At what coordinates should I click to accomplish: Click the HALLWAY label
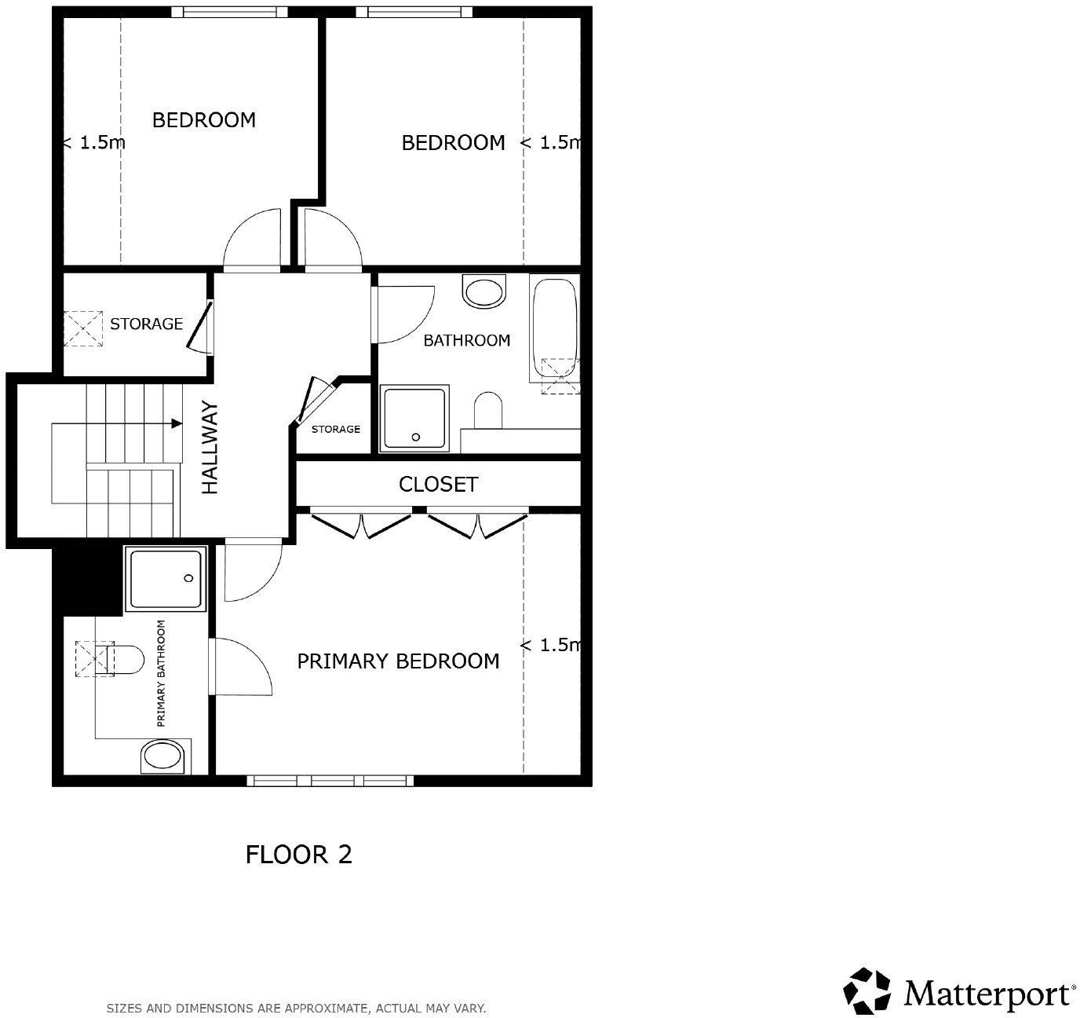pyautogui.click(x=210, y=448)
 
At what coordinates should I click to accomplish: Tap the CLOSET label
pyautogui.click(x=438, y=485)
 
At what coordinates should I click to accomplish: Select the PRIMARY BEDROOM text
pyautogui.click(x=398, y=661)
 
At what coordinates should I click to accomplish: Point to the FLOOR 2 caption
pyautogui.click(x=299, y=854)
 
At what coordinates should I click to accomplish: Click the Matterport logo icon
pyautogui.click(x=868, y=991)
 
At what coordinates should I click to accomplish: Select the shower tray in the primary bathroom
pyautogui.click(x=166, y=580)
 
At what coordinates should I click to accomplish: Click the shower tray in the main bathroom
pyautogui.click(x=414, y=418)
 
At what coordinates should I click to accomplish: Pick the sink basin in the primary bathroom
pyautogui.click(x=162, y=757)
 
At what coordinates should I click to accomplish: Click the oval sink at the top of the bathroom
pyautogui.click(x=484, y=292)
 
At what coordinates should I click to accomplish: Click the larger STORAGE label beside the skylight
pyautogui.click(x=146, y=324)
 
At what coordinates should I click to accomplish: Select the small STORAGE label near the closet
pyautogui.click(x=336, y=430)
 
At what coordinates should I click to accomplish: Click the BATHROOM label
pyautogui.click(x=466, y=340)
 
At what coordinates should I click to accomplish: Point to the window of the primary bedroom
pyautogui.click(x=330, y=780)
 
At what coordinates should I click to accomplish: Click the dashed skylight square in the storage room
pyautogui.click(x=83, y=329)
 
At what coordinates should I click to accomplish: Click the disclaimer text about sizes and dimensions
pyautogui.click(x=296, y=1008)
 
